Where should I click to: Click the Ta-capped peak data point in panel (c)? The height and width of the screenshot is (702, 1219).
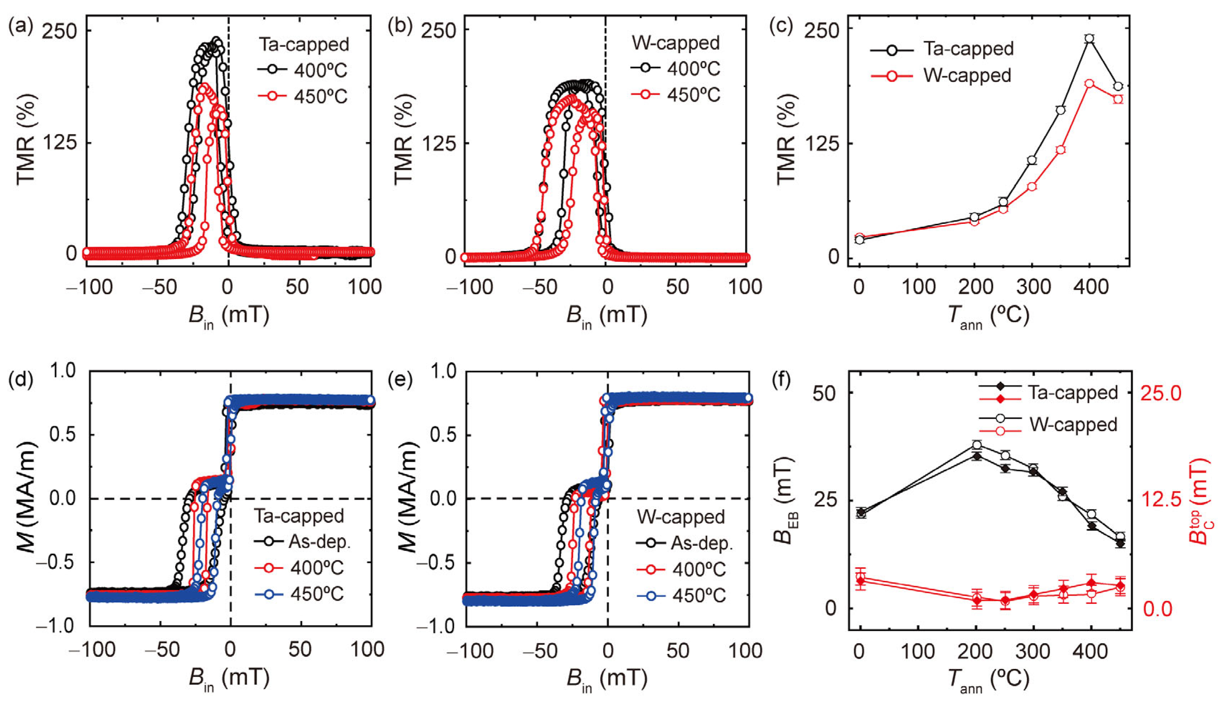point(1089,39)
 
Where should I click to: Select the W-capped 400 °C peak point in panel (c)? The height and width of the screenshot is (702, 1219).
point(1089,83)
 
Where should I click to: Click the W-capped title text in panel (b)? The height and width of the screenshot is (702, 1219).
point(675,43)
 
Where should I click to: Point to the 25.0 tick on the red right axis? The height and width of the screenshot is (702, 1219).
point(1161,393)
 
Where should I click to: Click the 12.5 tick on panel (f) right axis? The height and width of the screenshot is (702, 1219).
point(1161,500)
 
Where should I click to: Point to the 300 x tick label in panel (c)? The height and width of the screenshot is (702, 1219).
point(1032,287)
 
